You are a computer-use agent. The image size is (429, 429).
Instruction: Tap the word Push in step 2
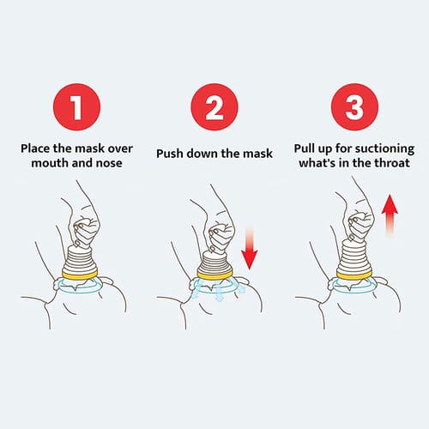171,154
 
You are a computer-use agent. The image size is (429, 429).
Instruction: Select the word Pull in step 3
310,147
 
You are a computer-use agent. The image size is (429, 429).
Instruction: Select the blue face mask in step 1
80,286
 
